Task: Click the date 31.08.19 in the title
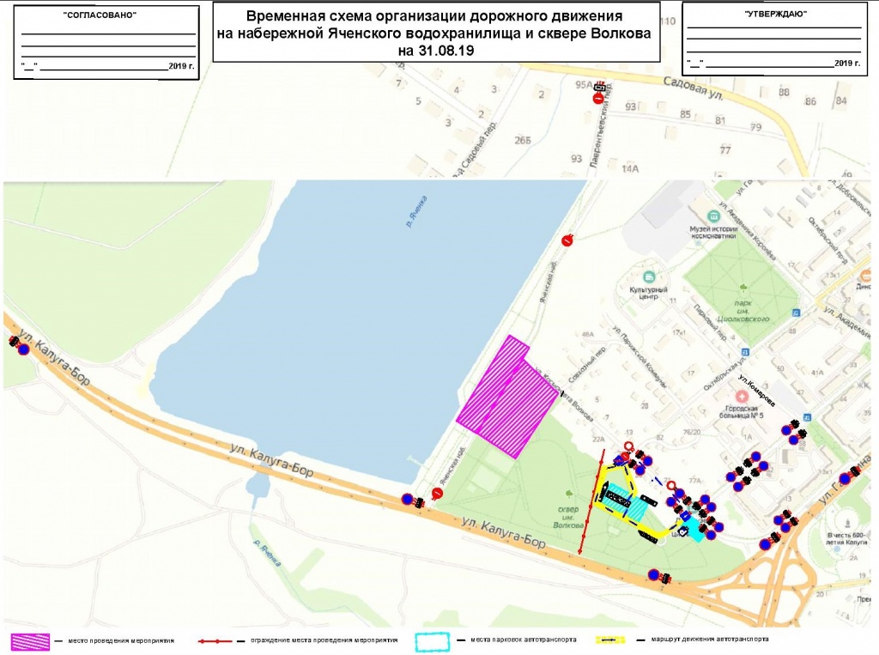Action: click(436, 51)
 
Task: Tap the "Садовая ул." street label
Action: click(694, 88)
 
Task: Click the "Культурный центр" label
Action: click(648, 294)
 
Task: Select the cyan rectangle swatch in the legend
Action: click(433, 640)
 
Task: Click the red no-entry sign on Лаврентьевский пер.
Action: click(598, 98)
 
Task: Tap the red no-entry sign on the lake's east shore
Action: click(567, 241)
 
